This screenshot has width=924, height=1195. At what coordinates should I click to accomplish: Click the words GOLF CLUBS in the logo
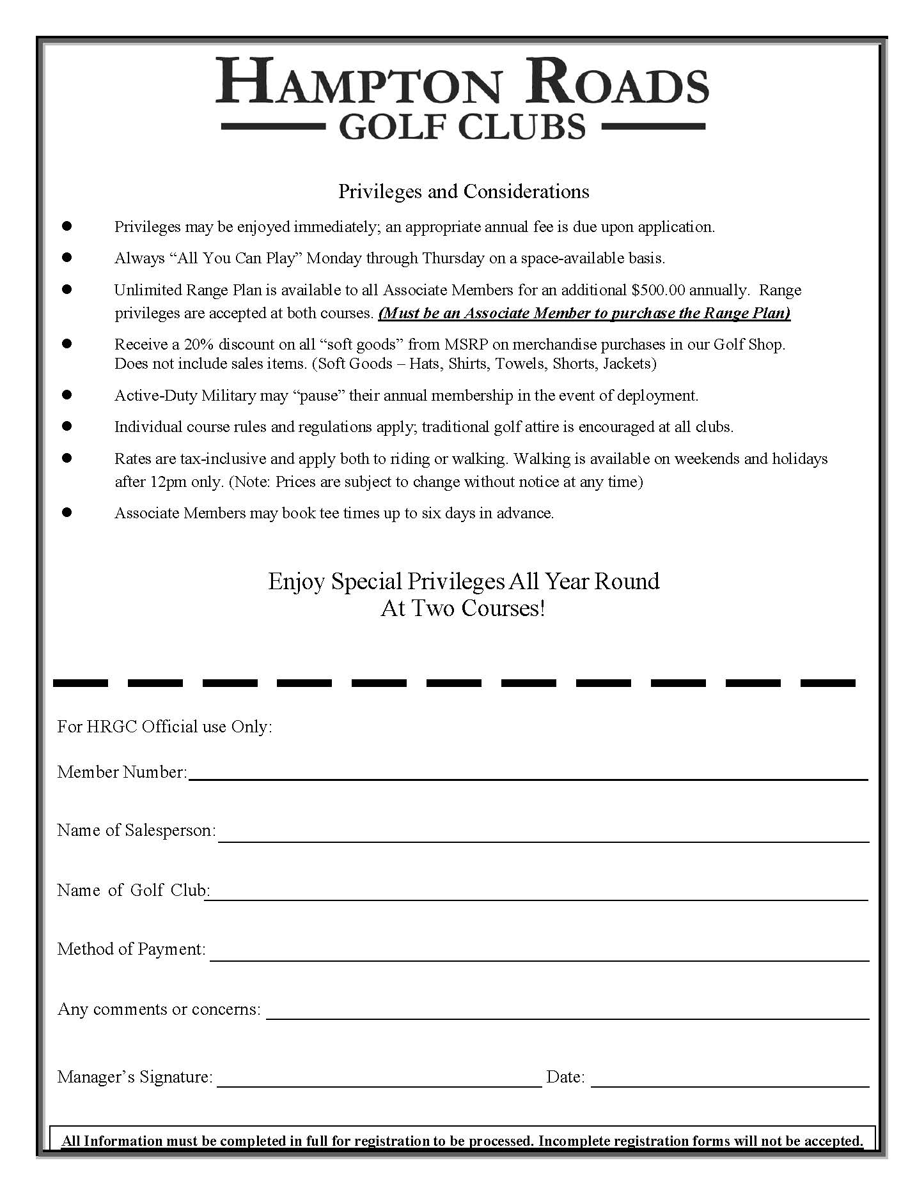point(462,127)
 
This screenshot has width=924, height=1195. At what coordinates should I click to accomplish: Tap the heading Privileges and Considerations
point(464,191)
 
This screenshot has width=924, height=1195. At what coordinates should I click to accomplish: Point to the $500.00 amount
point(657,290)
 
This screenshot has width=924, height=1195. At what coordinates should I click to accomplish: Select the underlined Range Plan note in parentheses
point(584,313)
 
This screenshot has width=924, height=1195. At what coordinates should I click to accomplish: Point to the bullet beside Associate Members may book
point(67,513)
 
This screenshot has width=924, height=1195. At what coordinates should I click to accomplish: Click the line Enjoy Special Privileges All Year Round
point(464,581)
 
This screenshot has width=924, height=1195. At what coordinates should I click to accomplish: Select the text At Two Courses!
point(464,608)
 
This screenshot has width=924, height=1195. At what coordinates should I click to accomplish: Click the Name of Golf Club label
point(133,890)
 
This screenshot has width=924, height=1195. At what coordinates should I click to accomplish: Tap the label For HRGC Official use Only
point(164,727)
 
